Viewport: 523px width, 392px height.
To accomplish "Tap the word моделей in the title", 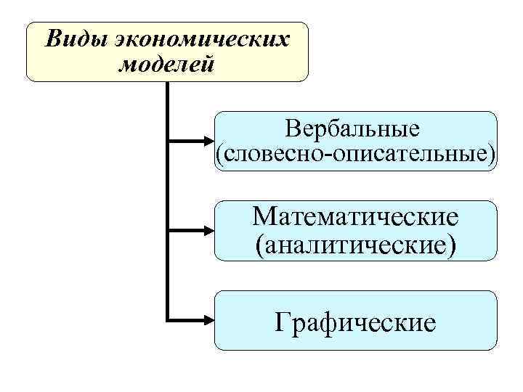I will [x=166, y=65].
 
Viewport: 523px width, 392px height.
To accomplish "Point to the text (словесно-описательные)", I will [x=356, y=154].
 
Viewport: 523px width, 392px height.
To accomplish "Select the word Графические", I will [x=356, y=321].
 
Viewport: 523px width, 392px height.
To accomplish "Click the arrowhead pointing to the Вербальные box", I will [x=208, y=140].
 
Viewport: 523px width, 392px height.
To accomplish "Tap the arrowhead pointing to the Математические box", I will [x=208, y=230].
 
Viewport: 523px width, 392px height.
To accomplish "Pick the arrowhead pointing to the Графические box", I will [x=208, y=319].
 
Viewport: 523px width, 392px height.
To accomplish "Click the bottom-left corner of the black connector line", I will [x=168, y=319].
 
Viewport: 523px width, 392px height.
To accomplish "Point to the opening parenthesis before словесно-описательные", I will [x=218, y=155].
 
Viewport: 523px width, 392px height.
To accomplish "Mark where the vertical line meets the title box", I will [x=168, y=81].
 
